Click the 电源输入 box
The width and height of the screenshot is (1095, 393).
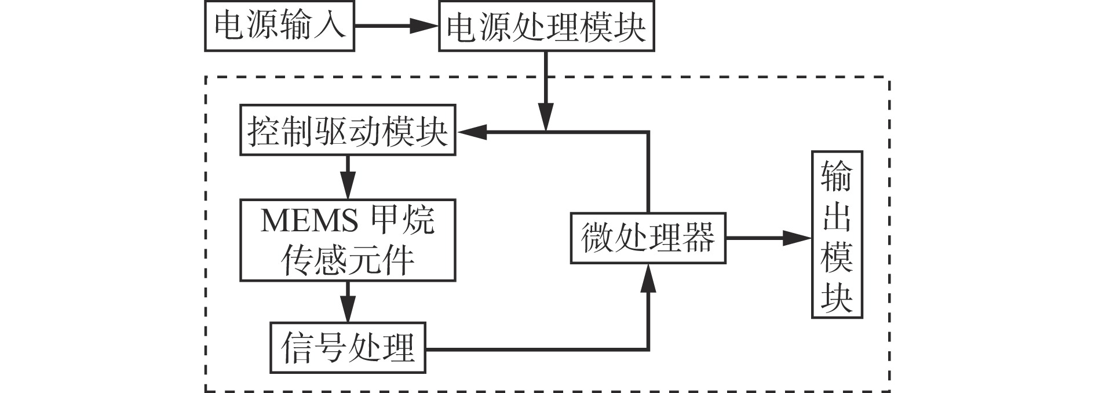(279, 26)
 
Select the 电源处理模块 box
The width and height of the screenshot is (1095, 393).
(546, 27)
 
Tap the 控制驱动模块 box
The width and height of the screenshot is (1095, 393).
(348, 130)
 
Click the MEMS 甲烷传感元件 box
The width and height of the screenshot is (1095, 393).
(348, 240)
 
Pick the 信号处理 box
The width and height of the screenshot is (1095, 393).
(348, 348)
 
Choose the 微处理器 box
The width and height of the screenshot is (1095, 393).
(648, 238)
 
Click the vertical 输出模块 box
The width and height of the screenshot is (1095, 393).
(837, 234)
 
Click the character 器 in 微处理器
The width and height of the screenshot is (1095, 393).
(698, 238)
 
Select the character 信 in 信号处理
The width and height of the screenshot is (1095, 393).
(297, 348)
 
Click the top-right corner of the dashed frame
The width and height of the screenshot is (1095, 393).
(889, 78)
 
